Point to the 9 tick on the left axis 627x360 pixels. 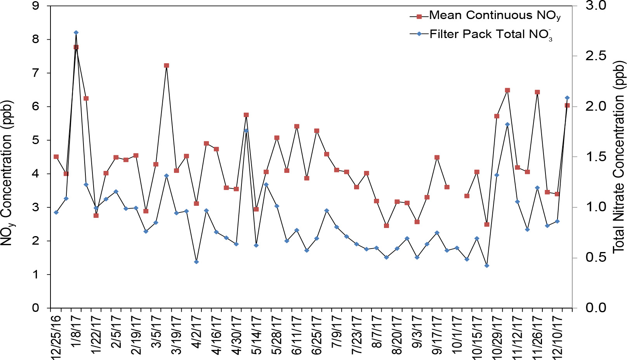(36, 6)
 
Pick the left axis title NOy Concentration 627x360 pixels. (8, 173)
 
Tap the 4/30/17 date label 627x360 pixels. (236, 336)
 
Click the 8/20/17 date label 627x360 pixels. (397, 336)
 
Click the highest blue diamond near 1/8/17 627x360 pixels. (76, 33)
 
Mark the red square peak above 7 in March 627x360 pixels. (166, 66)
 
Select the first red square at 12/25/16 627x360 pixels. (56, 157)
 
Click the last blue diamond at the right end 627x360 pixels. (567, 98)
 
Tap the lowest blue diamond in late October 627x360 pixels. (487, 266)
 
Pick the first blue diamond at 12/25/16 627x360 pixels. (56, 212)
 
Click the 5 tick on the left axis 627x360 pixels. (36, 140)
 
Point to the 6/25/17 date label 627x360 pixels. (317, 336)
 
